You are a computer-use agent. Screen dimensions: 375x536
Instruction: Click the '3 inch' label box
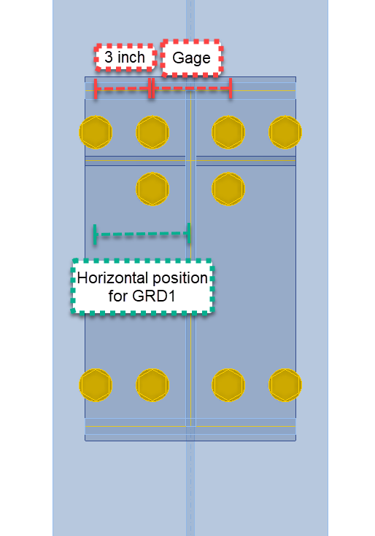[x=125, y=58]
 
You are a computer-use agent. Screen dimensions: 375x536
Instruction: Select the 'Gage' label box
[x=191, y=58]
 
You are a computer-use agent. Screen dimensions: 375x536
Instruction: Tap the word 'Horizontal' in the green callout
[x=112, y=278]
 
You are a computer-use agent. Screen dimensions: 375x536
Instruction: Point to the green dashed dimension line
[x=142, y=234]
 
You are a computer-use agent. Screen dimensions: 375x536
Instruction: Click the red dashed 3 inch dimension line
[x=123, y=89]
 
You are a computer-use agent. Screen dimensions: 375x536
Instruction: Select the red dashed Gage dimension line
[x=192, y=88]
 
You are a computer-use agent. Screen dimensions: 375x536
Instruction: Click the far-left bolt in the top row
[x=96, y=133]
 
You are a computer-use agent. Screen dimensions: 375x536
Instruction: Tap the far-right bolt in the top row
[x=285, y=133]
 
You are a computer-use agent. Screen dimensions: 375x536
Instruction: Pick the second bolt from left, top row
[x=152, y=133]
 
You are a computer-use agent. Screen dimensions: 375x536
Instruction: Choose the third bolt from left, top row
[x=228, y=133]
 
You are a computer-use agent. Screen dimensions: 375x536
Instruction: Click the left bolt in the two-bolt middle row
[x=152, y=189]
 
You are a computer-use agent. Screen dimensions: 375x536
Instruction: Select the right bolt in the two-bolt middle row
[x=228, y=189]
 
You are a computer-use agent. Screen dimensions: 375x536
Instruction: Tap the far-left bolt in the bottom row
[x=96, y=385]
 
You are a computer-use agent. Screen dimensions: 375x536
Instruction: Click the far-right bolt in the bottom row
[x=285, y=385]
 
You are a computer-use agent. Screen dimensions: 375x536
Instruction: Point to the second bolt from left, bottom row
[x=152, y=385]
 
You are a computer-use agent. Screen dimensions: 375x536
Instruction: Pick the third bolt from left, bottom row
[x=228, y=385]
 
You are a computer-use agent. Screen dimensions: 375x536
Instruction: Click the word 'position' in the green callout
[x=180, y=278]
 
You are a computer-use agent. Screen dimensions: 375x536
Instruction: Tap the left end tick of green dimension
[x=95, y=234]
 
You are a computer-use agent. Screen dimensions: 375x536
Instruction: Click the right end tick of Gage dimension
[x=231, y=88]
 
